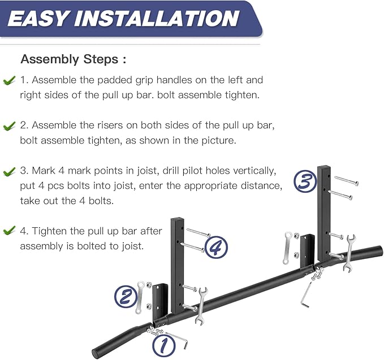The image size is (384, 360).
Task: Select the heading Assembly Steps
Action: point(73,59)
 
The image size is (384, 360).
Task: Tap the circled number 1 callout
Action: point(162,343)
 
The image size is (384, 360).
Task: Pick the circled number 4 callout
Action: point(215,247)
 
